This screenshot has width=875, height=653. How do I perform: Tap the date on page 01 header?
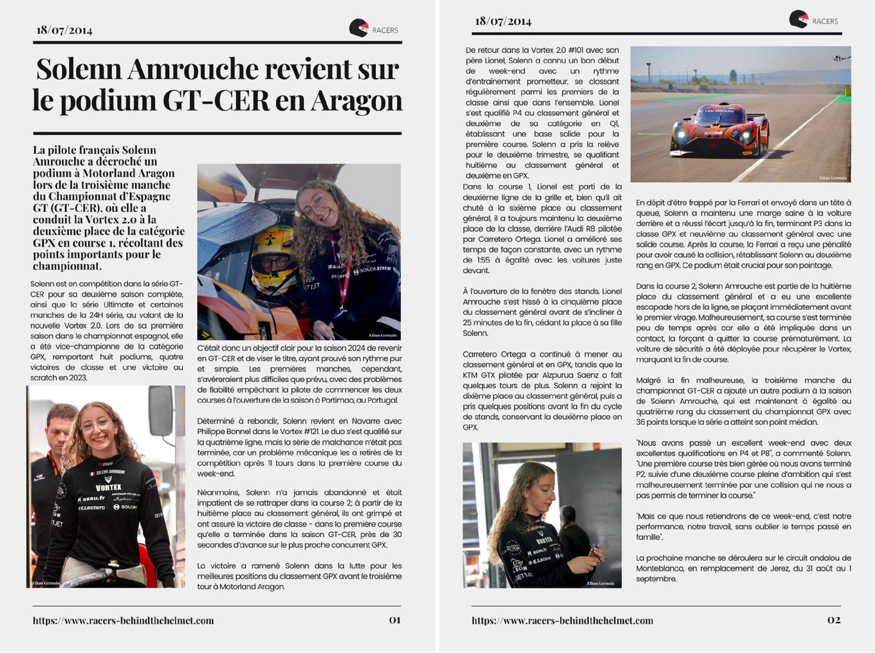64,30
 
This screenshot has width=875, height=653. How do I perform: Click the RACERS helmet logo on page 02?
798,19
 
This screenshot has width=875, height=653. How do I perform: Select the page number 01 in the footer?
395,620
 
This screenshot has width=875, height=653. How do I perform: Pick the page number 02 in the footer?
834,620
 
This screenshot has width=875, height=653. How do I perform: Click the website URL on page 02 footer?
562,620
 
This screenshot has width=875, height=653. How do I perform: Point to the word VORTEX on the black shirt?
108,487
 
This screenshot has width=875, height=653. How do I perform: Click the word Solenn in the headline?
79,70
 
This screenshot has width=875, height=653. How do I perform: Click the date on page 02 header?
503,21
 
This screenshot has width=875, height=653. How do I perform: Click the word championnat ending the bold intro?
67,266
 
